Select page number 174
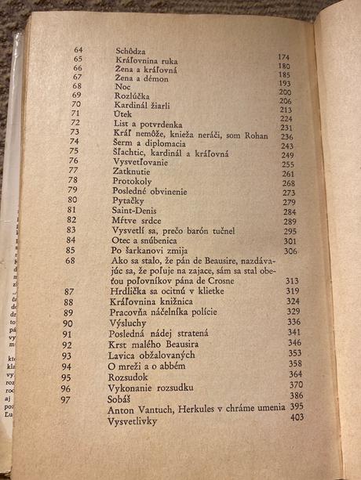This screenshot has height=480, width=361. coord(284,57)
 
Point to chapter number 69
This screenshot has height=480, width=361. coord(78,95)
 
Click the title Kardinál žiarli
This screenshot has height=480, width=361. coord(142,105)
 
